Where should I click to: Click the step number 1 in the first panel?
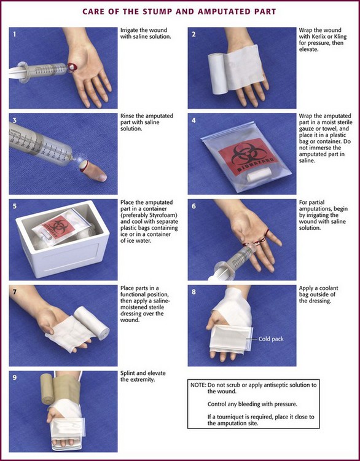[x=14, y=34]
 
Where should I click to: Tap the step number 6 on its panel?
[x=194, y=206]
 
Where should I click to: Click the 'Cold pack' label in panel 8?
[x=271, y=339]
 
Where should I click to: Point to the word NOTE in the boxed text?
[x=197, y=385]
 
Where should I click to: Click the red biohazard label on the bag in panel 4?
[x=248, y=156]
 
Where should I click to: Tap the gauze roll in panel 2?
[x=217, y=74]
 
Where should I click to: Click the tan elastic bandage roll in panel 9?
[x=47, y=388]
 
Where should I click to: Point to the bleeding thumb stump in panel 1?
[x=72, y=67]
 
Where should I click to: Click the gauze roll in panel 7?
[x=92, y=323]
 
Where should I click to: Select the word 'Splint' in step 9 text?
[x=128, y=373]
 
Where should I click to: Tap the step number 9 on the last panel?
[x=14, y=377]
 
